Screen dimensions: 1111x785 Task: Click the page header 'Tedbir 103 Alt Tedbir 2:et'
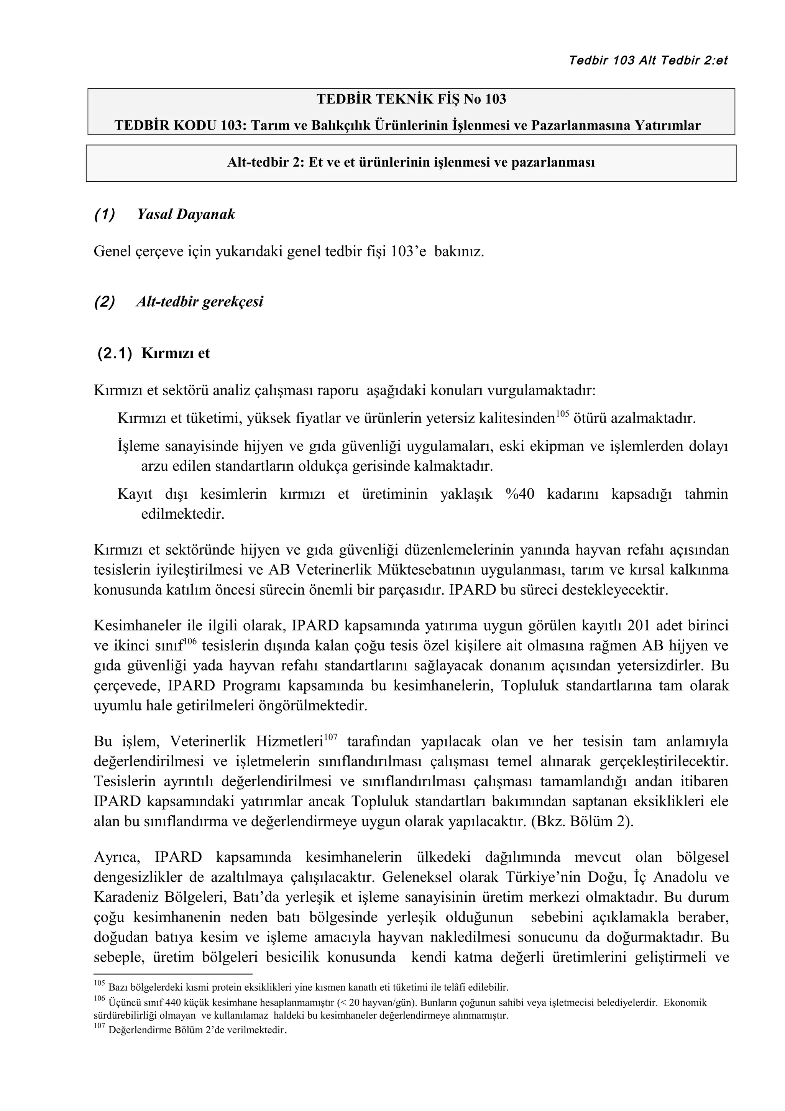(x=648, y=61)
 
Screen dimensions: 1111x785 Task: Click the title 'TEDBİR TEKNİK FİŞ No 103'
(x=411, y=99)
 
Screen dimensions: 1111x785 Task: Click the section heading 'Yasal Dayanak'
(x=186, y=214)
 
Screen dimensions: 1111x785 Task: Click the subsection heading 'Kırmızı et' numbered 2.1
(x=176, y=353)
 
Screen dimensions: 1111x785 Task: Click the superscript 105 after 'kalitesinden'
(x=562, y=413)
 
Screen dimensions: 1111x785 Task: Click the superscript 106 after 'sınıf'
(x=190, y=641)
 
